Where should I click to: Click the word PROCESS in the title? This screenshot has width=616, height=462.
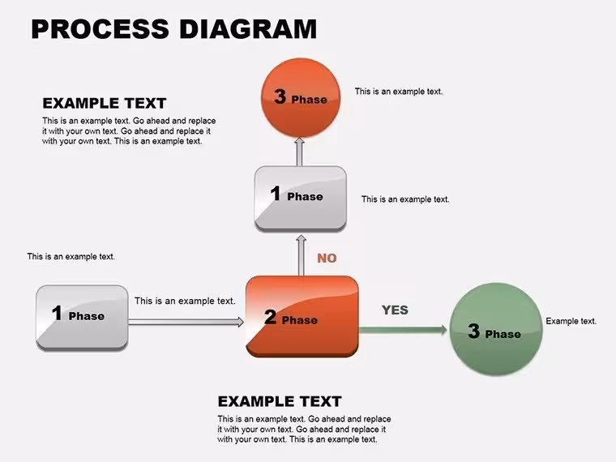pos(101,28)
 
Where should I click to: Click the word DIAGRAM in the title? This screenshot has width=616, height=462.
pos(248,28)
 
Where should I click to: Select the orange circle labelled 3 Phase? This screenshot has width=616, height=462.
pos(301,98)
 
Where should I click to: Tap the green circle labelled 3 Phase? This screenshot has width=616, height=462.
pos(496,329)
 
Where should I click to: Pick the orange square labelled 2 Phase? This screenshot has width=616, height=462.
pos(302,316)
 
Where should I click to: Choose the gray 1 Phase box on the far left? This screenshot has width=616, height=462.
pos(82,318)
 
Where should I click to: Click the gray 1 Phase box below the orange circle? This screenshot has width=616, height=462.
pos(301,199)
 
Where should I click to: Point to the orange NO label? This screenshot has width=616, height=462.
pos(327,258)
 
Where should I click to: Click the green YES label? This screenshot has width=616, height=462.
pos(395,310)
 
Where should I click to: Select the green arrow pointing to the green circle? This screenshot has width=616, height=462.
pos(403,330)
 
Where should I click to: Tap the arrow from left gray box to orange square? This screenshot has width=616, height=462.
pos(186,322)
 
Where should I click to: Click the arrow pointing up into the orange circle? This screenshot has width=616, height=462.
pos(300,152)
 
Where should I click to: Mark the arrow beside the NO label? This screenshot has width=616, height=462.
pos(302,255)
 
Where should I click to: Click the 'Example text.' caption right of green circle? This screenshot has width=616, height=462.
pos(571,321)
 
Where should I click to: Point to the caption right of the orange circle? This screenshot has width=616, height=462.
pos(399,92)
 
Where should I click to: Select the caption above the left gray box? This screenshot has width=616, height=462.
pos(71,257)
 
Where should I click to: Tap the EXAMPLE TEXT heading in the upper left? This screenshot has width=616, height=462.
pos(105,103)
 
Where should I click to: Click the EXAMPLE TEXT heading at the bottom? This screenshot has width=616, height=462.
pos(280,401)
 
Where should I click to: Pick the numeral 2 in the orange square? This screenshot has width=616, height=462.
pos(270,317)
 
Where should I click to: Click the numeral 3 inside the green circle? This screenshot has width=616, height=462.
pos(474,331)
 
